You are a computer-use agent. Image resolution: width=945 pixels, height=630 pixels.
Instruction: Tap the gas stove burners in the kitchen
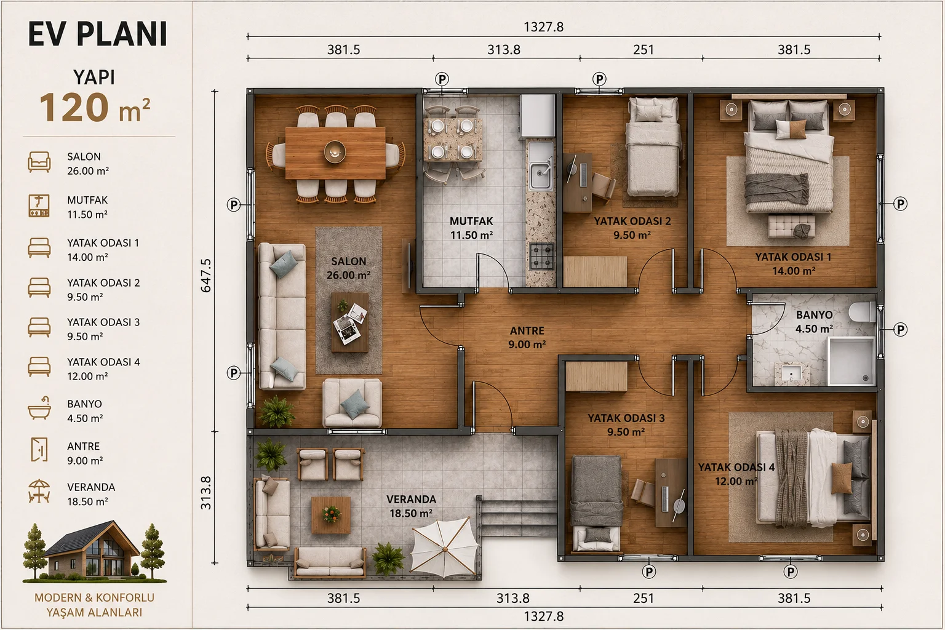541,256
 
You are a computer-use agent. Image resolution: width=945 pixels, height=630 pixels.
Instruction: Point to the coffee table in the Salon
349,322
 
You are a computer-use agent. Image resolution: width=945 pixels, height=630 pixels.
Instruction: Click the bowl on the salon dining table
335,151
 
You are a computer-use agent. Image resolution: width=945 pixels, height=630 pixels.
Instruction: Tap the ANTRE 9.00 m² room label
527,337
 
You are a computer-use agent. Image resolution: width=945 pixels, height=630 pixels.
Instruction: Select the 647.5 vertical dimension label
205,275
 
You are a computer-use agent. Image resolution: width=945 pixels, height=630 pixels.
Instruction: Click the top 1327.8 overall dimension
543,27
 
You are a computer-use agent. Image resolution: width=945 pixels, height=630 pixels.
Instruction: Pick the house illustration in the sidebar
94,551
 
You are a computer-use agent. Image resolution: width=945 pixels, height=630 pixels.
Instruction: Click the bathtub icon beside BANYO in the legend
39,408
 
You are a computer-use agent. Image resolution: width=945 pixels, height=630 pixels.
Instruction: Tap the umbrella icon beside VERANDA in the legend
39,491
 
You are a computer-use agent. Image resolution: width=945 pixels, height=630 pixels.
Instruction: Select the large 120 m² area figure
95,108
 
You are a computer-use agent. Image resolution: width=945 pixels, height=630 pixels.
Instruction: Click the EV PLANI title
97,34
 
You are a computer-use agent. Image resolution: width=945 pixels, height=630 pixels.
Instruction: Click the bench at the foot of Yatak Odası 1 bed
791,226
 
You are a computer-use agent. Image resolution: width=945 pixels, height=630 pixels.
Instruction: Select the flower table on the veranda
331,515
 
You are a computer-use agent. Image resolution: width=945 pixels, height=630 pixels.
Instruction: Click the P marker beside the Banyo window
900,330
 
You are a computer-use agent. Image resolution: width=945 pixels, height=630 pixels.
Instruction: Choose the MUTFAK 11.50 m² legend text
87,207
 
